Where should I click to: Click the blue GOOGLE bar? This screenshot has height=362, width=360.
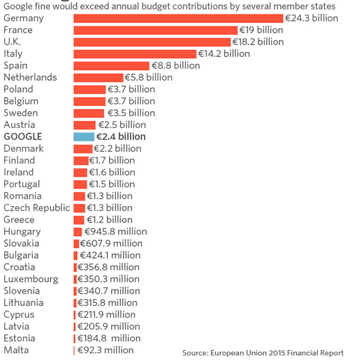84,137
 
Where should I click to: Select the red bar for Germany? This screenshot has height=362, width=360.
178,18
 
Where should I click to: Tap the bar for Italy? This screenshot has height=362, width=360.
135,54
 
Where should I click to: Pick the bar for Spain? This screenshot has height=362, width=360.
112,66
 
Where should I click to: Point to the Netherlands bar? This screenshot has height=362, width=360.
98,77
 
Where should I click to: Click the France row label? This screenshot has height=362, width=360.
18,30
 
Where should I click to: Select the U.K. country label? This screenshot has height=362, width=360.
13,42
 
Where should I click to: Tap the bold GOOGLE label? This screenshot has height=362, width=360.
22,137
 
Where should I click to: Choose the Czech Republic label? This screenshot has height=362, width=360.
37,208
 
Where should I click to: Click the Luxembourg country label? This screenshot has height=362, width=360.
31,279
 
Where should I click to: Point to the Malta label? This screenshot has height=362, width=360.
16,350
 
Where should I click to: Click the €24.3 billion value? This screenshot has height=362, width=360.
312,18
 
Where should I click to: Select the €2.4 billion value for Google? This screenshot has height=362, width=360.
121,137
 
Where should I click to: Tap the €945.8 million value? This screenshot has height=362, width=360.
116,231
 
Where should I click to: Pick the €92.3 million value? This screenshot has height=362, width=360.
105,350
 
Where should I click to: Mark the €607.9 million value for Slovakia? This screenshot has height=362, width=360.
111,244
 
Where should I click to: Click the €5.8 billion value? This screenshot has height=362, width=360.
148,77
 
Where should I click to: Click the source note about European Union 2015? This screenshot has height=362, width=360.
263,353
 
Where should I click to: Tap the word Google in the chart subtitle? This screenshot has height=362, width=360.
17,6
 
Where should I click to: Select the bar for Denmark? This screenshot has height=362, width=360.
83,149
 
